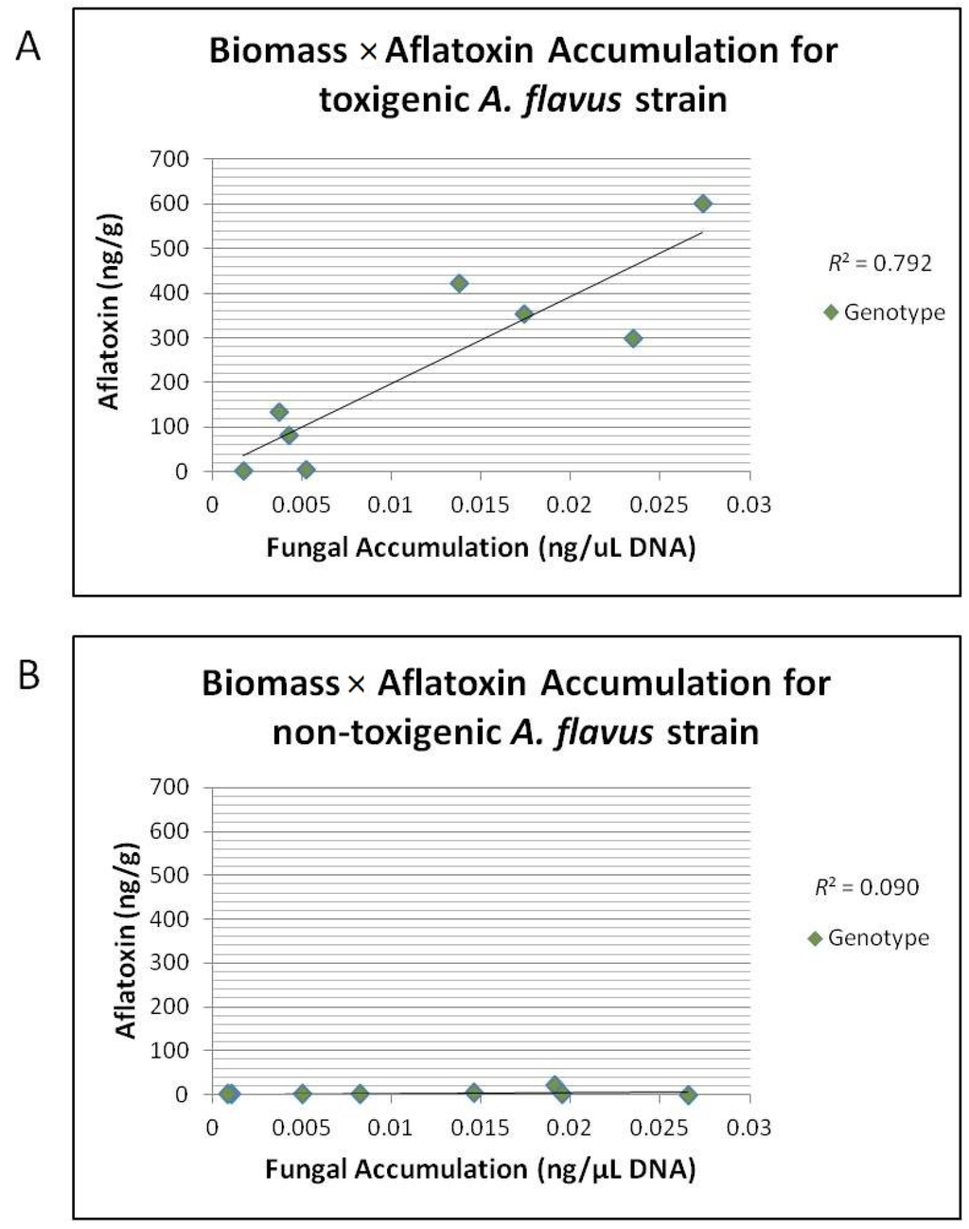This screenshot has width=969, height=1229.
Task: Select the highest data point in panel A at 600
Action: pos(702,204)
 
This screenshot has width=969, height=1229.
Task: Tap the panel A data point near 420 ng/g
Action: pos(459,283)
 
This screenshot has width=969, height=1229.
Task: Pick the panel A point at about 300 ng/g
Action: pos(633,338)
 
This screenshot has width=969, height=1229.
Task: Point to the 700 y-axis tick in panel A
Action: pos(170,159)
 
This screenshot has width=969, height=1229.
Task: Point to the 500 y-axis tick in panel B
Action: pos(170,875)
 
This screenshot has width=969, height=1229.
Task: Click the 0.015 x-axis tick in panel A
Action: pos(480,504)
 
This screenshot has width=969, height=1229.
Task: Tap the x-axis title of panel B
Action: pos(480,1169)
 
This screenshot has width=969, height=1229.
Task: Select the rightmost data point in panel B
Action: pos(688,1095)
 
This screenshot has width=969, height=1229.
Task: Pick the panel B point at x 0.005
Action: pos(302,1094)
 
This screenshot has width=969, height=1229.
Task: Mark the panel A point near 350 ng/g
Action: pos(523,313)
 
